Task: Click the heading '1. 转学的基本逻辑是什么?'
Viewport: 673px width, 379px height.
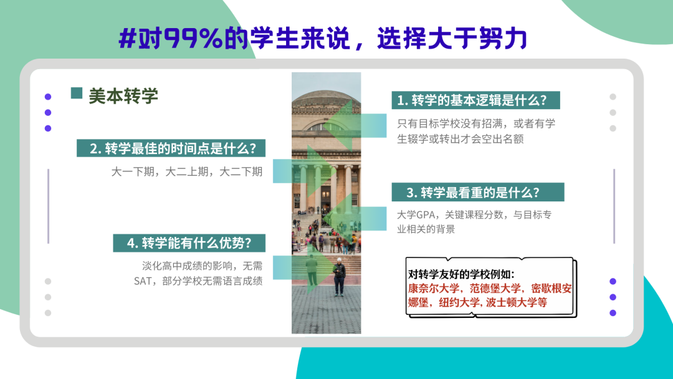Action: (x=472, y=100)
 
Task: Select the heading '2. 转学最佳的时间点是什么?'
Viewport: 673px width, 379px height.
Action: (x=173, y=148)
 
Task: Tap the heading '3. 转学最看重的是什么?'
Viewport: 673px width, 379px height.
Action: (x=472, y=192)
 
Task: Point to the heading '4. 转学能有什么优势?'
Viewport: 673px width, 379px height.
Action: (x=189, y=243)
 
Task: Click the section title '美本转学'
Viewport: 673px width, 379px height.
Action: (x=123, y=96)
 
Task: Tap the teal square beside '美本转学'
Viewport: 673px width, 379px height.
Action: (x=77, y=93)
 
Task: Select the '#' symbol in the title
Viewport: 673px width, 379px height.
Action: (x=128, y=38)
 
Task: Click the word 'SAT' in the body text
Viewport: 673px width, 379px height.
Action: (x=143, y=281)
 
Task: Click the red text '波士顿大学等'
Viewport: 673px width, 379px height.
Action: (x=517, y=302)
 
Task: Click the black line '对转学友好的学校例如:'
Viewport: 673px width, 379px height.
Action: (x=461, y=274)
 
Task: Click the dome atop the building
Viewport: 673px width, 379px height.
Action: (x=326, y=97)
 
